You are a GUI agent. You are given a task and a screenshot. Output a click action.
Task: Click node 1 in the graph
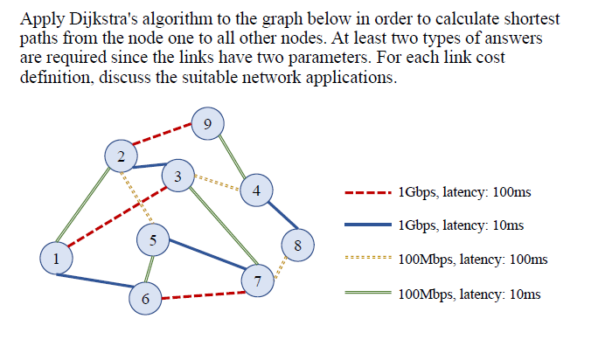coord(57,258)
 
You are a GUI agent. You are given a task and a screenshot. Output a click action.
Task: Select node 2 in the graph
coord(120,156)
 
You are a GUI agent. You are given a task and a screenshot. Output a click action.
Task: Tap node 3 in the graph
coord(177,176)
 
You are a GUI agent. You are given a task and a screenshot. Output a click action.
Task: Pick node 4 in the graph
coord(255,190)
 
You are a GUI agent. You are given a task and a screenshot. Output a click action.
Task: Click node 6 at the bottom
coord(145,299)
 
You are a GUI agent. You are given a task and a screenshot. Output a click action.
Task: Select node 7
coord(257,280)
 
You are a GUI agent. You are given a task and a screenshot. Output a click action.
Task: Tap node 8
coord(298,245)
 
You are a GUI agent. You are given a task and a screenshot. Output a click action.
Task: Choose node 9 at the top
coord(205,123)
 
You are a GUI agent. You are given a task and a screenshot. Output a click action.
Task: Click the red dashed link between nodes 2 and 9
coord(163,139)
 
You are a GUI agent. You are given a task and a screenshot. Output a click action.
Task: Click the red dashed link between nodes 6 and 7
coord(201,295)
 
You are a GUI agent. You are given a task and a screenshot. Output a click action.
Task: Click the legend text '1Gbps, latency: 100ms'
coord(463,191)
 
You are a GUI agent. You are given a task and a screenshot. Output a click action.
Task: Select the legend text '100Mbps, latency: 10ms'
coord(469,294)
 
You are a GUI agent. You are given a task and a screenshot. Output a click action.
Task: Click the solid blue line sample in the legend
coord(367,225)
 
